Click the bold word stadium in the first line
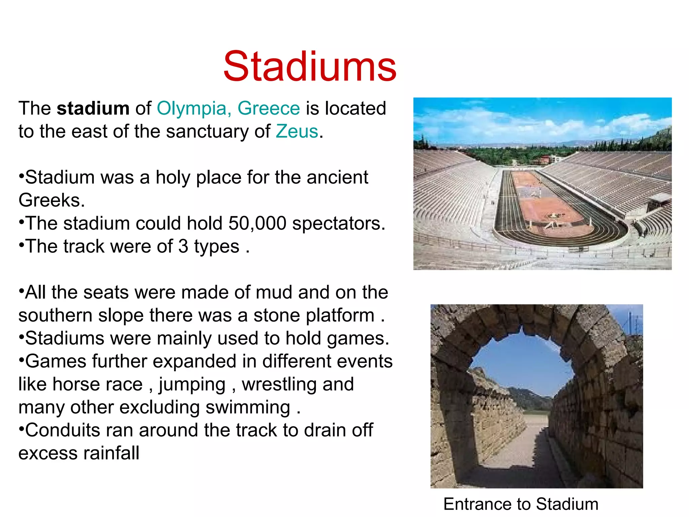(x=93, y=108)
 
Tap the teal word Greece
(x=268, y=108)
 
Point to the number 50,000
(x=257, y=223)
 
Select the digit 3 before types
(x=183, y=246)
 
